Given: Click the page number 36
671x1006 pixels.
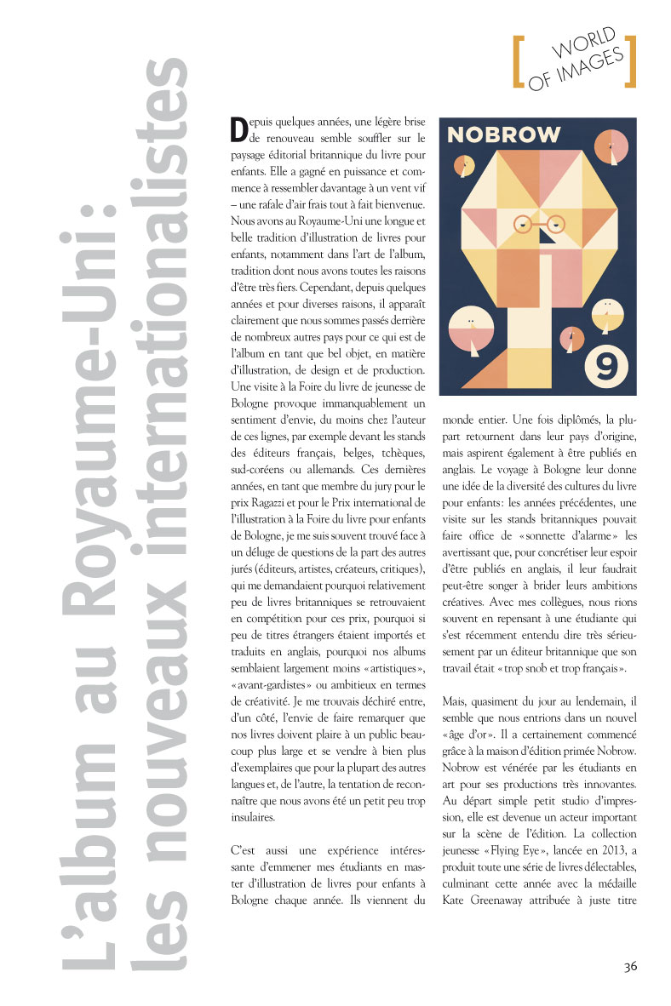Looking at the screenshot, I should pyautogui.click(x=630, y=966).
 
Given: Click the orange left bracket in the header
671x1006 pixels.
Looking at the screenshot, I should pyautogui.click(x=517, y=61).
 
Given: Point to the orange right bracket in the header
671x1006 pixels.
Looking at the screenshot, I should pyautogui.click(x=629, y=61).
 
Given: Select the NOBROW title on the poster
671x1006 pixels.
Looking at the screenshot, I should pyautogui.click(x=504, y=134).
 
